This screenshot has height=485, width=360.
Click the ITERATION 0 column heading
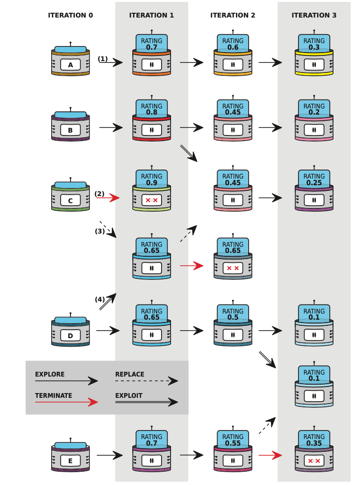[x=71, y=15]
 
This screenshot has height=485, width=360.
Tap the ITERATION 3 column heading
[x=314, y=15]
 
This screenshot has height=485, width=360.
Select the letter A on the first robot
[x=71, y=65]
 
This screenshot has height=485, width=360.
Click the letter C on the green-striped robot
[x=71, y=200]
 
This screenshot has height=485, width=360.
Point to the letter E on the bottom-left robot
[x=71, y=461]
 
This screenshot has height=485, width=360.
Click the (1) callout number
[x=103, y=59]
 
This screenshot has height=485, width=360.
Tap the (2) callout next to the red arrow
[x=99, y=194]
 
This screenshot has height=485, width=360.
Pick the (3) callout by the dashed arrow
[x=99, y=231]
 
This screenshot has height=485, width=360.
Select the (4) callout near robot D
[x=99, y=299]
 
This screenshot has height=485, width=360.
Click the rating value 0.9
[x=152, y=183]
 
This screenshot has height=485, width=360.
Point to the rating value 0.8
[x=152, y=112]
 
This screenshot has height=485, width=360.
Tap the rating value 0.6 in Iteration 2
[x=233, y=47]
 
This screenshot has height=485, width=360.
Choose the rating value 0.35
[x=314, y=443]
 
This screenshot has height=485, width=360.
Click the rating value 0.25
[x=314, y=183]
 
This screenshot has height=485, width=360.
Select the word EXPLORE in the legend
[x=50, y=374]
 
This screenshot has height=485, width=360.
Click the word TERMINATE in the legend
[x=54, y=395]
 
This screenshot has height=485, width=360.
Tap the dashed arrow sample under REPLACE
[x=146, y=381]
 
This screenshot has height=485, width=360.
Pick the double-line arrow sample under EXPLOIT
[x=146, y=402]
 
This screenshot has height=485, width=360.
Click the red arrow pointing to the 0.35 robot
[x=270, y=455]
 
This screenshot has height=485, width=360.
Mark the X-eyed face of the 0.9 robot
[x=152, y=200]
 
